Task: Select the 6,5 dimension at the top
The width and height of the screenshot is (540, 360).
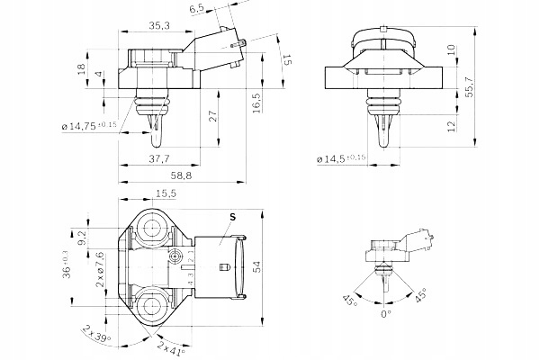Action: click(198, 8)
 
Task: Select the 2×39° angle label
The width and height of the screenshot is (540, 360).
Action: click(97, 336)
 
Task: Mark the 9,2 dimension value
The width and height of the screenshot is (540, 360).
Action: click(80, 238)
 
